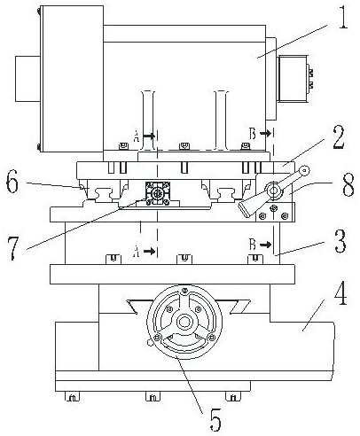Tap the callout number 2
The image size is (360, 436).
click(x=339, y=136)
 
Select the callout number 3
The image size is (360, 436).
click(x=340, y=241)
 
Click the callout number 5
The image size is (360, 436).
click(x=215, y=420)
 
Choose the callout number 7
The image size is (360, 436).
click(x=14, y=248)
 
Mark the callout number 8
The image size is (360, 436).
click(x=348, y=185)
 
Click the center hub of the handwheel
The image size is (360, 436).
click(x=184, y=322)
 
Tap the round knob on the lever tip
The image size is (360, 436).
click(x=304, y=170)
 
